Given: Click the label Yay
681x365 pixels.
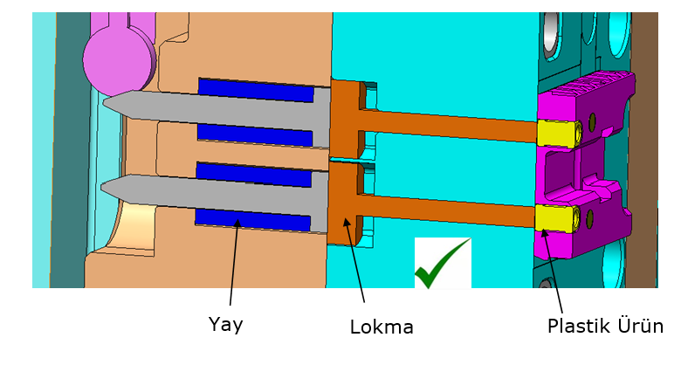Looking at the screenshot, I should coord(225,324).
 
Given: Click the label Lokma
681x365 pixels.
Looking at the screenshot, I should coord(381,327).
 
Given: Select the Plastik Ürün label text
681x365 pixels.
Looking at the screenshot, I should coord(605,327).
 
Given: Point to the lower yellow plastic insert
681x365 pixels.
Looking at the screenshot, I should coord(554,217).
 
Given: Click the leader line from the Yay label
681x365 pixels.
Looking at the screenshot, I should coord(235,263).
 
